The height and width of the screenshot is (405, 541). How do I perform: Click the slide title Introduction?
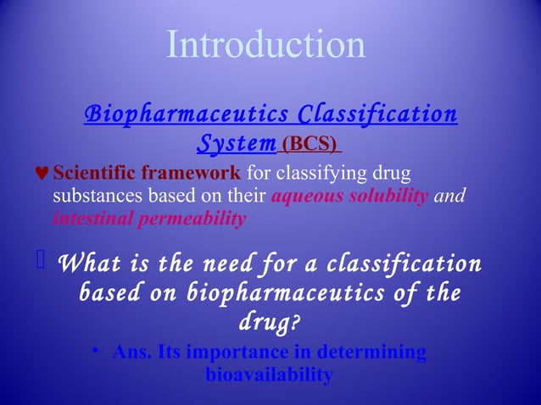click(x=266, y=45)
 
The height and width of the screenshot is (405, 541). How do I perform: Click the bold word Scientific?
click(x=93, y=175)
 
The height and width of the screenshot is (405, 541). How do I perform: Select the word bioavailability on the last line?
click(x=268, y=374)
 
